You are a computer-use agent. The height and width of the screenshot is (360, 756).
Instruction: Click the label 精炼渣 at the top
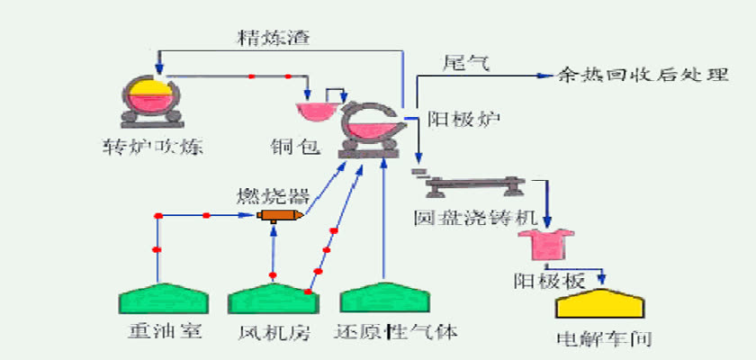coord(274,38)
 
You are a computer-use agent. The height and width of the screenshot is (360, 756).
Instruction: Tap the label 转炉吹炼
coord(152,147)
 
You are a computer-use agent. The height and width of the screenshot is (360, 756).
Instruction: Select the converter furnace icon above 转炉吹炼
coord(151,102)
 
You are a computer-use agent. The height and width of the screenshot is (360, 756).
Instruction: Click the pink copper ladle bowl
coord(316,112)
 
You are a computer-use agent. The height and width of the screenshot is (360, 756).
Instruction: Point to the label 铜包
coord(295,147)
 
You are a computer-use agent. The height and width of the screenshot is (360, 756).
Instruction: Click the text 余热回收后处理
coord(643,76)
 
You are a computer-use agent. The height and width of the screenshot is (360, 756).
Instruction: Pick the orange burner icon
coord(280,215)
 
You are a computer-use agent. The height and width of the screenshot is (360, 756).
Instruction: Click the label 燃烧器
coord(273,195)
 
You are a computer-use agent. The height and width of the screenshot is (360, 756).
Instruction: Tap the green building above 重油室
coord(164,298)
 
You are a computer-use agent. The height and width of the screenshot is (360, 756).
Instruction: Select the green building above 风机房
coord(274,298)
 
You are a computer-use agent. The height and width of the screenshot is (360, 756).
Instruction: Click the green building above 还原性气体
coord(385,297)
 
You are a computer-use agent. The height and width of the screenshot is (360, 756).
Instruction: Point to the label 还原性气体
coord(395,332)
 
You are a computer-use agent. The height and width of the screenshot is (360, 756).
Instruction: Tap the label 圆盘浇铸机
coord(475,217)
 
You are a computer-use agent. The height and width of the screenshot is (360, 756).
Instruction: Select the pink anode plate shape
coord(545,245)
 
